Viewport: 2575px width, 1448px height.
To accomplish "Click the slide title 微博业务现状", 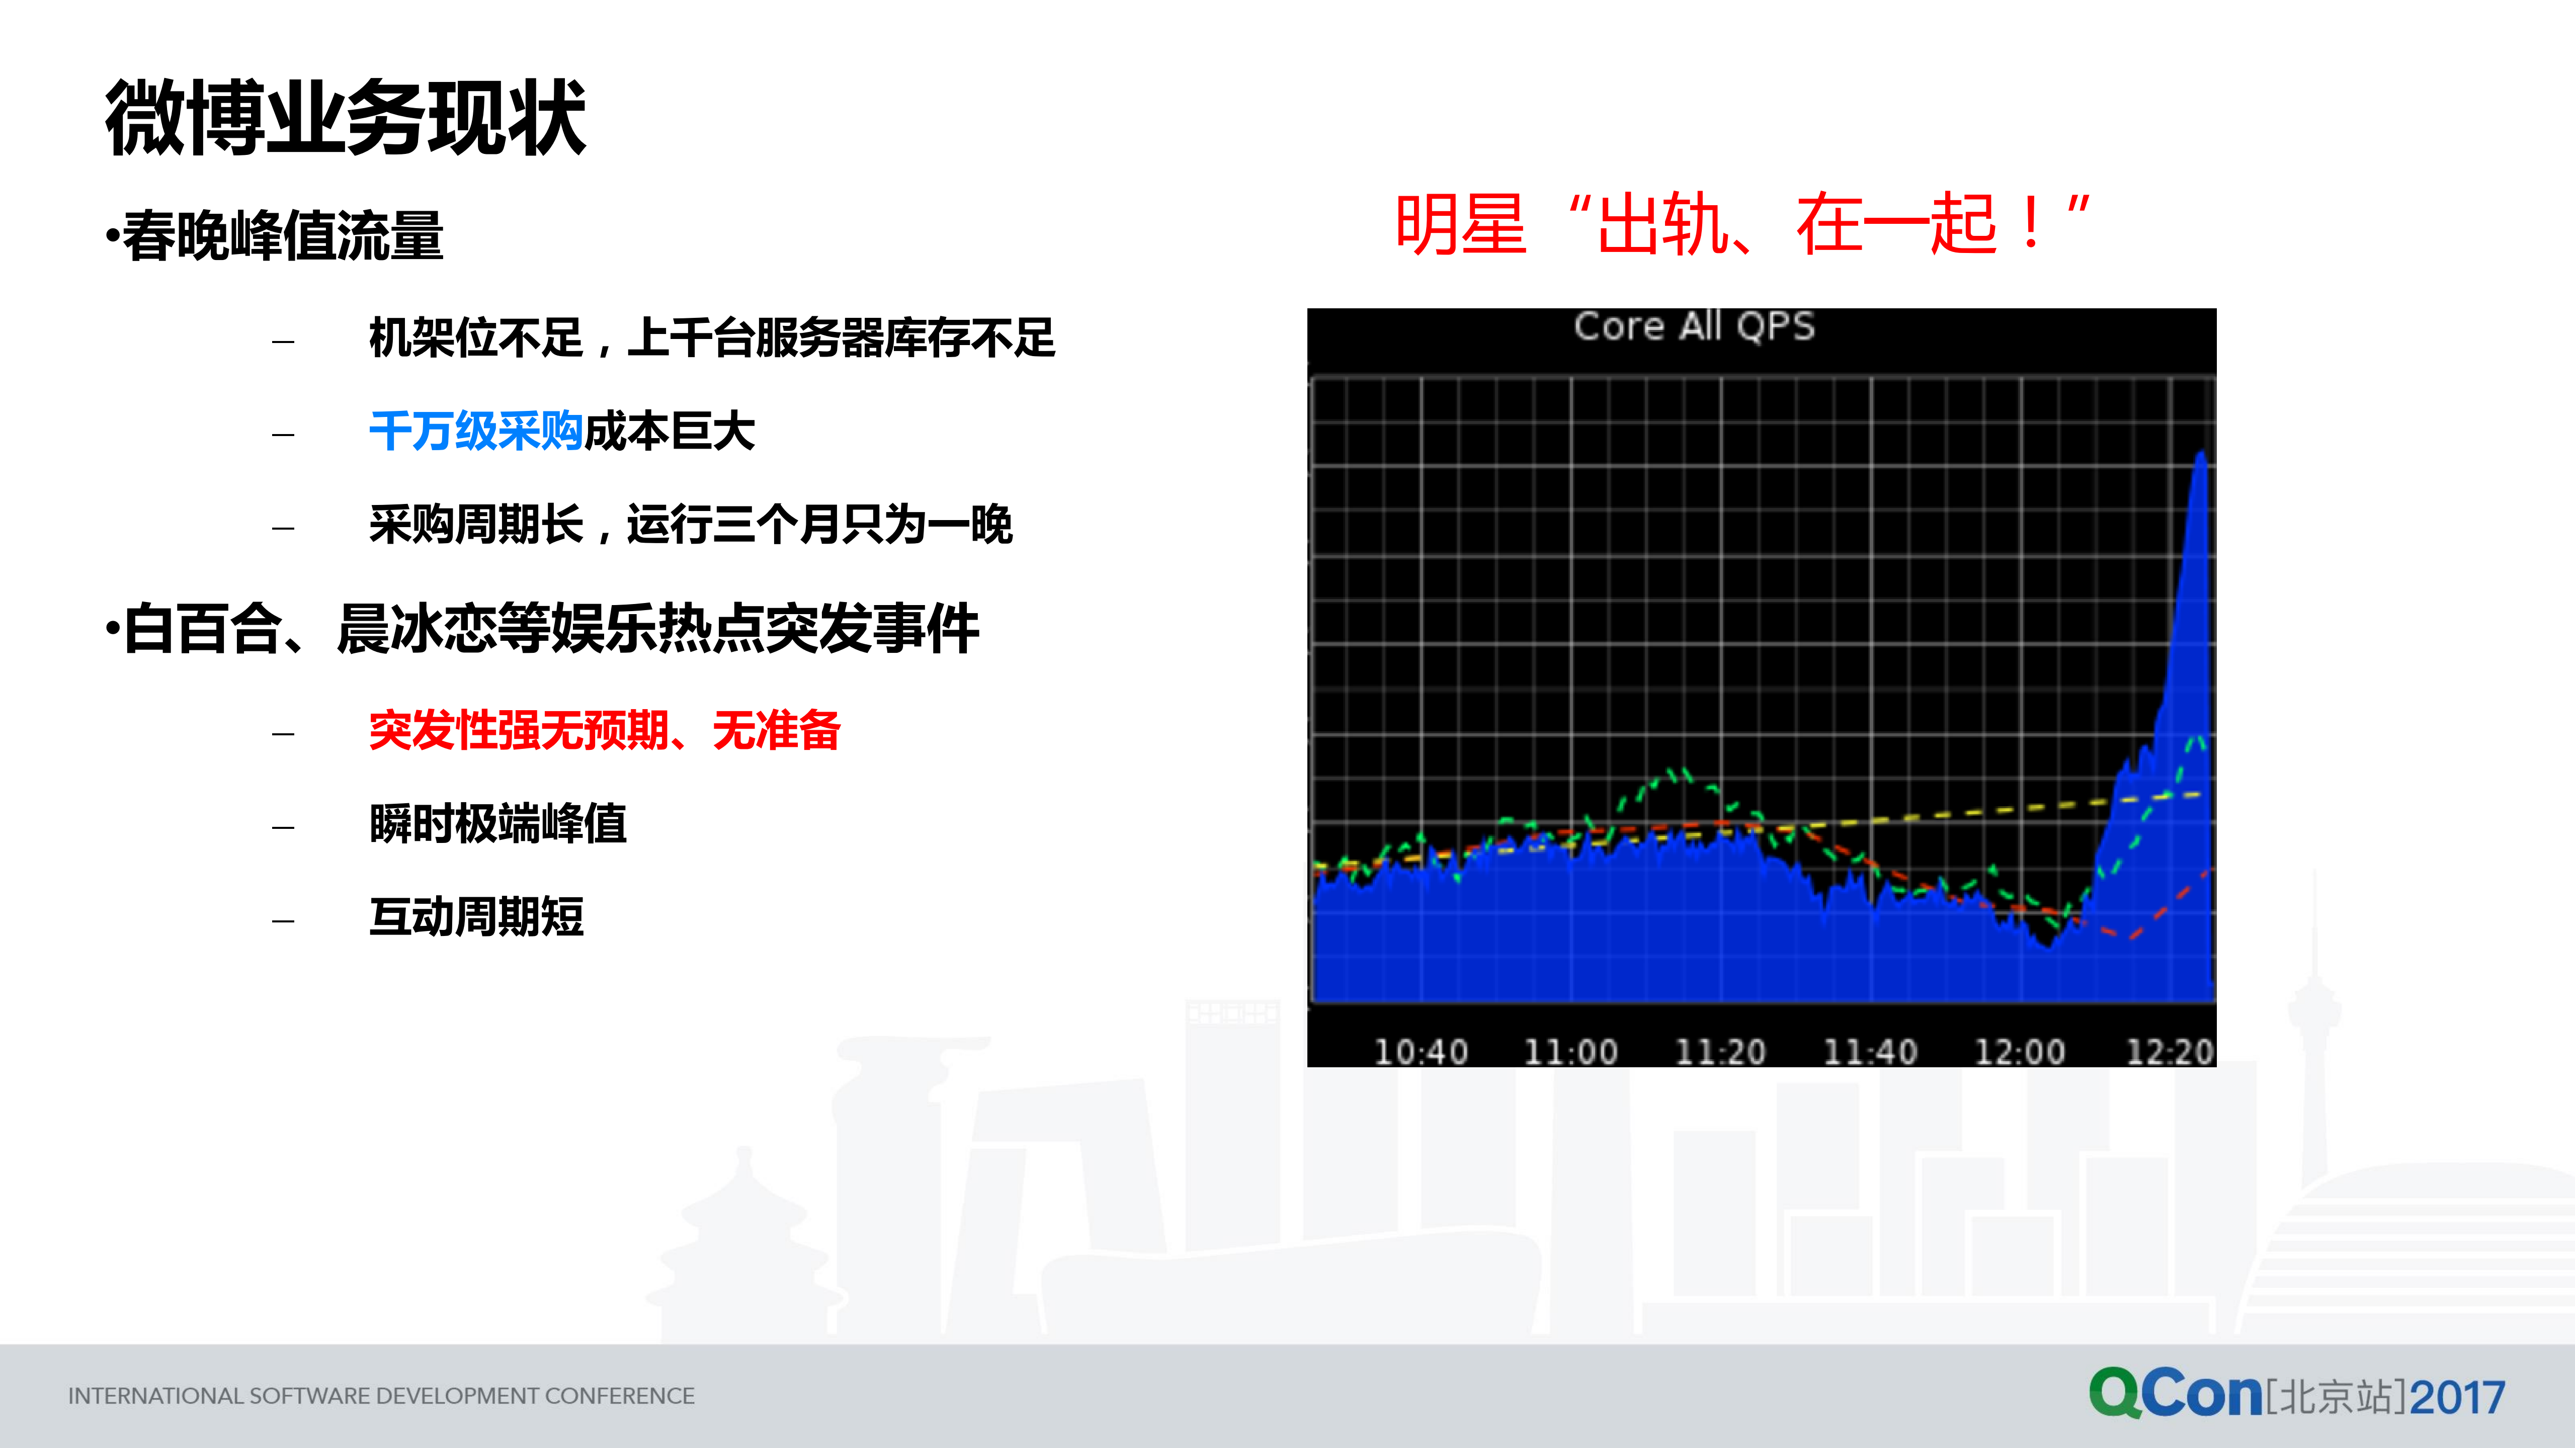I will [x=345, y=118].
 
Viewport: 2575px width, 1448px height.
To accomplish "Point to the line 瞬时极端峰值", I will [x=498, y=823].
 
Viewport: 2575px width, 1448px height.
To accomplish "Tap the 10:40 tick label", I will [x=1421, y=1051].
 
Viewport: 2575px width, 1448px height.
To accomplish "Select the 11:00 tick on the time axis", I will [x=1570, y=1051].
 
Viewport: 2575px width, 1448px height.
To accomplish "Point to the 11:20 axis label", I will [x=1720, y=1051].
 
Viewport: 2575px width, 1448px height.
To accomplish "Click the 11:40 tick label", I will [x=1870, y=1051].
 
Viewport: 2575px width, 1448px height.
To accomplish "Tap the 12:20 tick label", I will [x=2169, y=1051].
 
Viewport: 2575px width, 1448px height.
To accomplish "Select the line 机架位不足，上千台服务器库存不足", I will [x=712, y=338].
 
